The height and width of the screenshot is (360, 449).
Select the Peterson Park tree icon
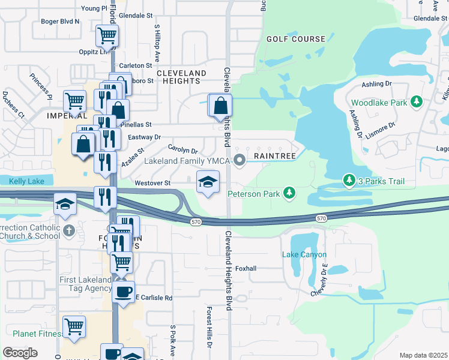[x=290, y=193]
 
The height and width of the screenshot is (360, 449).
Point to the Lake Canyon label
[x=303, y=254]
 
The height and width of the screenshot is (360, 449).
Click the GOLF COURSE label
[x=296, y=39]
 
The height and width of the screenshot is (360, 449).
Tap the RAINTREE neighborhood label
[x=274, y=155]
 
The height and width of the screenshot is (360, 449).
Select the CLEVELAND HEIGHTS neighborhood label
[x=181, y=77]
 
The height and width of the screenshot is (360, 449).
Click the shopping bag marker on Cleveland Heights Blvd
[x=221, y=105]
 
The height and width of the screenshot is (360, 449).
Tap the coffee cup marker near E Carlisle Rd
[x=124, y=292]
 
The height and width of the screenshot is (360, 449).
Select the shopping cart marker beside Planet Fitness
[x=74, y=327]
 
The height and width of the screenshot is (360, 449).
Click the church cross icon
[x=69, y=229]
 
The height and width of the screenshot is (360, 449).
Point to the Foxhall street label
[x=246, y=268]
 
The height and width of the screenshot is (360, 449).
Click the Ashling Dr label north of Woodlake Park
[x=377, y=85]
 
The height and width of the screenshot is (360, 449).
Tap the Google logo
[x=20, y=353]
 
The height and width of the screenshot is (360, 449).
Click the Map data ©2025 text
[x=423, y=355]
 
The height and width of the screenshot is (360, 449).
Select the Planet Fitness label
[x=37, y=334]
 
